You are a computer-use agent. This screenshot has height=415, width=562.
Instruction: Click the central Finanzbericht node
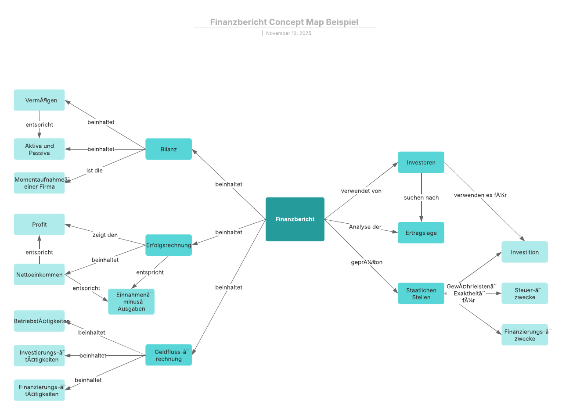pos(295,219)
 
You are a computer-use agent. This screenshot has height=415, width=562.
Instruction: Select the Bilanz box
pos(169,149)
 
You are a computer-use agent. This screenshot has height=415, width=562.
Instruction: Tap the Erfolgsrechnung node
pos(169,245)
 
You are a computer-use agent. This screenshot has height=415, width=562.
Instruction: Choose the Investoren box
pos(421,162)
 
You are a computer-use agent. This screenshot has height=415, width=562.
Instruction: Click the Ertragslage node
pos(421,233)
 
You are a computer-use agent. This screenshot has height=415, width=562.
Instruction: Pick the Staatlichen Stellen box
pos(421,293)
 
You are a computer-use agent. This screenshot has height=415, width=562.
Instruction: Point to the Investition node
pos(525,252)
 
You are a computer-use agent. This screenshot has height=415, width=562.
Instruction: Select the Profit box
pos(39,225)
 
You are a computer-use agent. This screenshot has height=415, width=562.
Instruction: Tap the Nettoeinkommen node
pos(39,275)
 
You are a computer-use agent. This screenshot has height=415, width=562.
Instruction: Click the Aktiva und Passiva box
pos(39,149)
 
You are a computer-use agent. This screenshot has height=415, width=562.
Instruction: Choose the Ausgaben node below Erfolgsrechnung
pos(131,302)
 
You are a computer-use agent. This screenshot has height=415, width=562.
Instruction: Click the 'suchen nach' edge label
pos(421,197)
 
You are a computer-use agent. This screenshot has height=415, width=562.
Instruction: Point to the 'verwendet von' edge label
pos(361,191)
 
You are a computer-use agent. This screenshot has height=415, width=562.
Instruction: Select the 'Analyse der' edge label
pos(365,226)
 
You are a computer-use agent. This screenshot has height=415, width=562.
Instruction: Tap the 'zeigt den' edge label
pos(105,235)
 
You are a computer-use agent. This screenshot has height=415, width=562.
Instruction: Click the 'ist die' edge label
pos(94,170)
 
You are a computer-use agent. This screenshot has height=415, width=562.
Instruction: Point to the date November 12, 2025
pos(288,33)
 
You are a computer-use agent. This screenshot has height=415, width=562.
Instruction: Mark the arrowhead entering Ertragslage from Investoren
pos(421,219)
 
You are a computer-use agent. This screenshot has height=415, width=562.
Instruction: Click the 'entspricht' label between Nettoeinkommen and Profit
pos(39,252)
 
